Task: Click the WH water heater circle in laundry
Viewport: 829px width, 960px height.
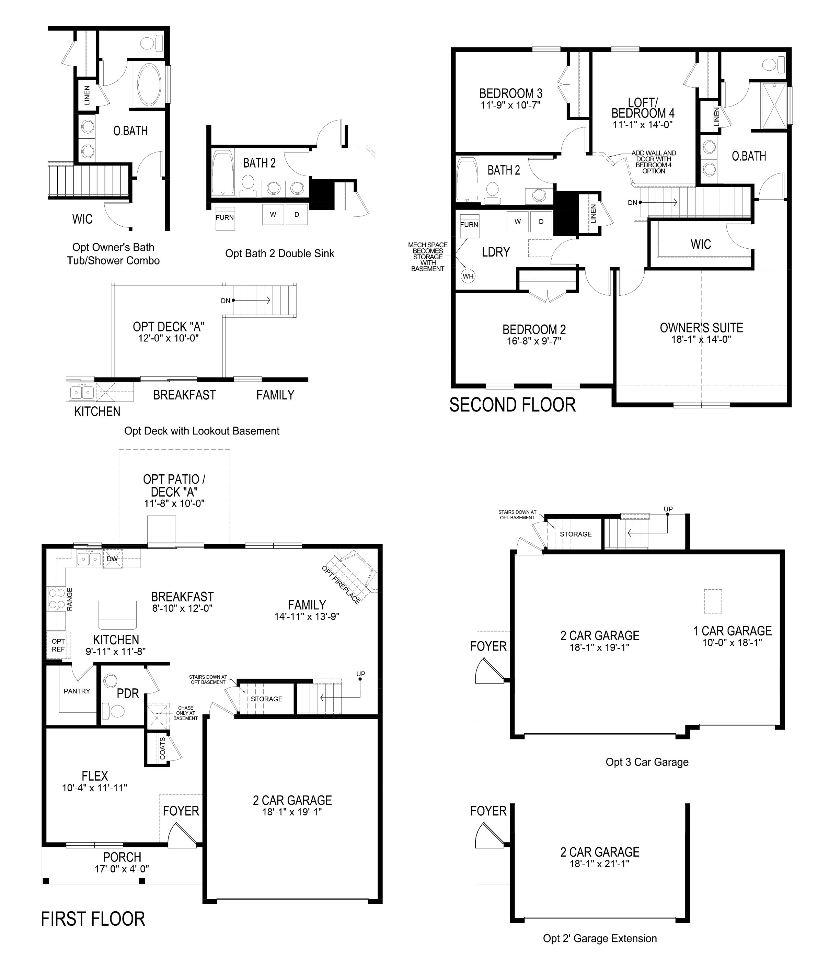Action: click(x=468, y=276)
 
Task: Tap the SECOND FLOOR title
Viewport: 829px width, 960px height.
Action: click(x=512, y=405)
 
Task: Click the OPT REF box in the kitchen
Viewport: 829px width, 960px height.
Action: click(x=58, y=645)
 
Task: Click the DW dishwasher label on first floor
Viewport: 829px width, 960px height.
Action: click(x=112, y=559)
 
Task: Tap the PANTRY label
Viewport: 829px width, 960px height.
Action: click(x=77, y=691)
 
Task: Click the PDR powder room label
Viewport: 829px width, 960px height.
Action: click(x=128, y=693)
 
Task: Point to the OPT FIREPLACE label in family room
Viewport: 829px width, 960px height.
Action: click(x=341, y=585)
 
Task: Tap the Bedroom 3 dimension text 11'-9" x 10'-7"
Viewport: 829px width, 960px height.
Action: click(x=511, y=105)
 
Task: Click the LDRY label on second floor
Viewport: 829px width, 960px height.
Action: click(x=496, y=252)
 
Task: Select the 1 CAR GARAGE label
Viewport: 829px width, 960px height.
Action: click(x=732, y=631)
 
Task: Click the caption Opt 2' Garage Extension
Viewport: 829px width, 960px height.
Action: click(x=600, y=939)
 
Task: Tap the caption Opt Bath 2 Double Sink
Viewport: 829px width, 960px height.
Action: click(x=279, y=253)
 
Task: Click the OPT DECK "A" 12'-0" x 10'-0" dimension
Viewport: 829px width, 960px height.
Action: click(x=168, y=338)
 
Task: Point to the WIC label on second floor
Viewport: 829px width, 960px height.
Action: click(x=700, y=244)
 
